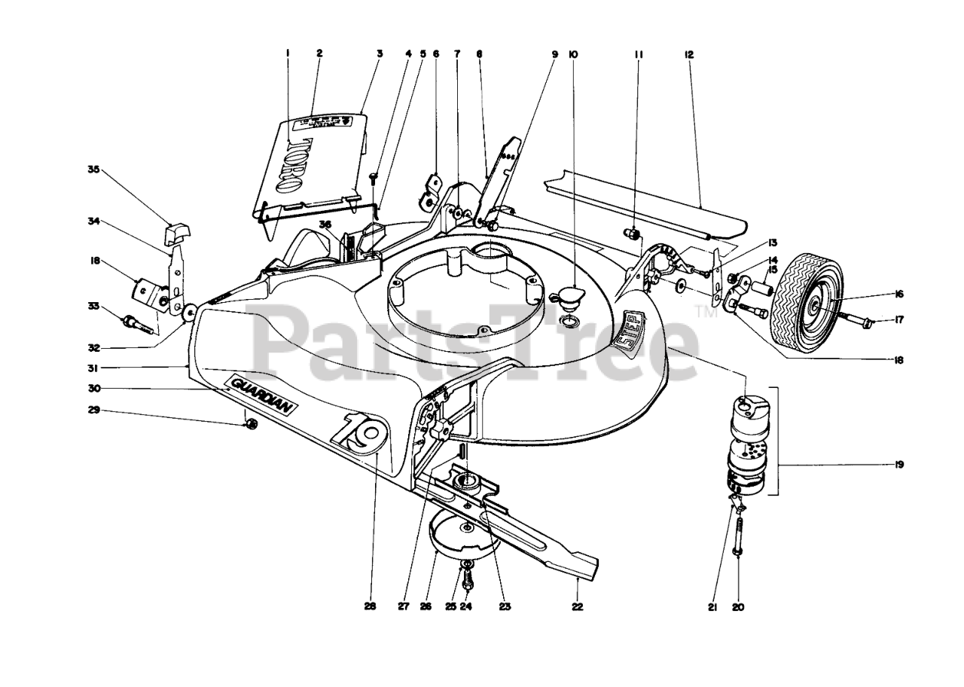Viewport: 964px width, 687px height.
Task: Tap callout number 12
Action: coord(689,54)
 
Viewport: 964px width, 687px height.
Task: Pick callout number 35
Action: coord(93,170)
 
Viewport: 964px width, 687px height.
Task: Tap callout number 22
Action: coord(576,606)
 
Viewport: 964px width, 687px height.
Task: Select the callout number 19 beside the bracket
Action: coord(898,465)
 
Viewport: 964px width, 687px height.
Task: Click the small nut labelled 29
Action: coord(252,425)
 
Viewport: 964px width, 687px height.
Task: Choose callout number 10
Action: coord(573,54)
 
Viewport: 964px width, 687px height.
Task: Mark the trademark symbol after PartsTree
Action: coord(706,311)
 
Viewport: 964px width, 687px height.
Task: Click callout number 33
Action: coord(93,306)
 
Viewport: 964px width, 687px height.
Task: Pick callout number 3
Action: coord(380,54)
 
